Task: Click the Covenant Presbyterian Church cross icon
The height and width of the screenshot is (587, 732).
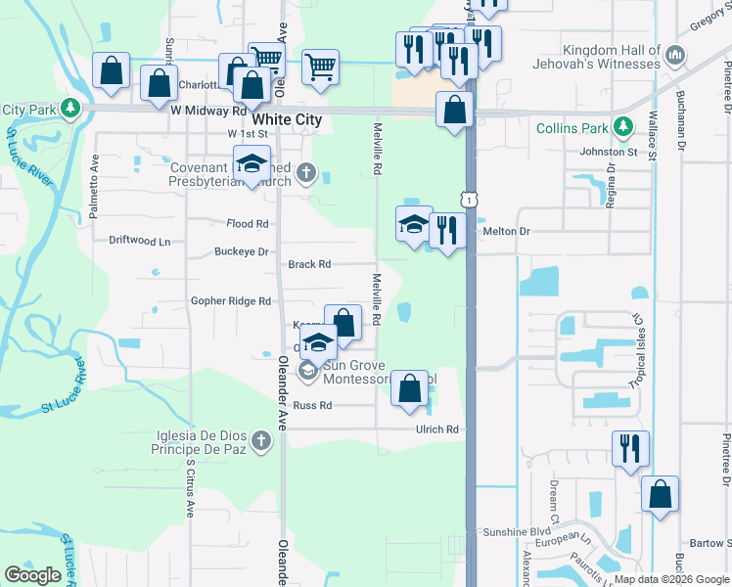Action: click(306, 173)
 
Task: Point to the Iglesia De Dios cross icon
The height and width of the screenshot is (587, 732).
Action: click(260, 442)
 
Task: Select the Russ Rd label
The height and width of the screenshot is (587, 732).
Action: click(312, 405)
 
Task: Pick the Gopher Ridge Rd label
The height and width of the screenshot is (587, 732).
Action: click(230, 301)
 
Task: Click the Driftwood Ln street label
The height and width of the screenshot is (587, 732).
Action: click(139, 240)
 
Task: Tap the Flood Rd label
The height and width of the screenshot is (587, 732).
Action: click(247, 223)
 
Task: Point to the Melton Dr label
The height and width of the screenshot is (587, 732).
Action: click(506, 231)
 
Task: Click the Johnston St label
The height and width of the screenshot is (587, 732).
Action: click(608, 152)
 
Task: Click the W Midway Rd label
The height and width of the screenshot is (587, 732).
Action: click(207, 112)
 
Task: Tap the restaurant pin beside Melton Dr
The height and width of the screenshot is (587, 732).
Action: click(447, 232)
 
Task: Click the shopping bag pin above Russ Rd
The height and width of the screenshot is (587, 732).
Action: click(410, 389)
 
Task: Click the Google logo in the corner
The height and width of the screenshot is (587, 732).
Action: click(33, 575)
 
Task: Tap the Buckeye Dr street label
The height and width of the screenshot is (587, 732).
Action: click(241, 251)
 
